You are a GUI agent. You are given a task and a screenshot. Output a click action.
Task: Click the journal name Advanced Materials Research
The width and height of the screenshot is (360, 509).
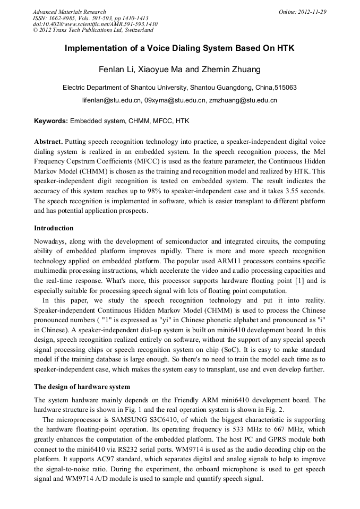pos(69,12)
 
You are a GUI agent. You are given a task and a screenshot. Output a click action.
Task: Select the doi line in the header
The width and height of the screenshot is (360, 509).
pos(95,24)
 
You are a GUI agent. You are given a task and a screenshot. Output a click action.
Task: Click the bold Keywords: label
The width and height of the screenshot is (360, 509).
pos(51,122)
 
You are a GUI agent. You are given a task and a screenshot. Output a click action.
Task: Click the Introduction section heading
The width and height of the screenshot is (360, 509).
pos(54,228)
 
